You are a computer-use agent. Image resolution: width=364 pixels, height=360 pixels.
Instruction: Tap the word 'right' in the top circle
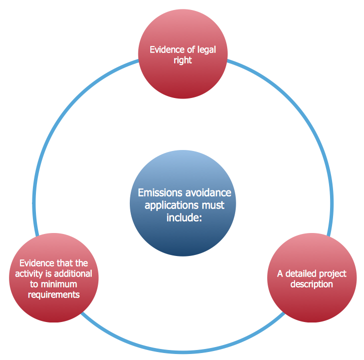coord(182,60)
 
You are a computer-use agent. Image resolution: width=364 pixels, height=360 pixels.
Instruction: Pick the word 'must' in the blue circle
coord(213,205)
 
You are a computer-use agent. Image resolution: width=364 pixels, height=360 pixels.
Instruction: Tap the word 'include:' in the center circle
coord(183,217)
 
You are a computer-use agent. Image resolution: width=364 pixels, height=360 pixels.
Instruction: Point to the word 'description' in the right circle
coord(312,284)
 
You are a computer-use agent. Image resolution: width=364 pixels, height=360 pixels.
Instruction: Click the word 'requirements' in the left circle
coord(54,294)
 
